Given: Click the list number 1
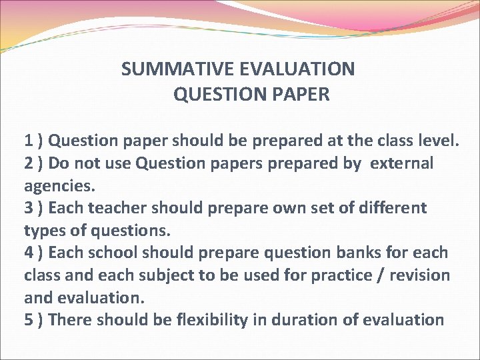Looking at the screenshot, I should click(29, 141).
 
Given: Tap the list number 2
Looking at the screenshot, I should click(29, 163).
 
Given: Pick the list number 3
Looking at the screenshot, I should click(29, 208).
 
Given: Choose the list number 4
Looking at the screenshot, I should click(29, 253).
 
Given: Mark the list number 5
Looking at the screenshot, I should click(29, 320).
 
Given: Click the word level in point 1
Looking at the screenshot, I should click(439, 141).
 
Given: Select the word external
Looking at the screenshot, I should click(402, 163).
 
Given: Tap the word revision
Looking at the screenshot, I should click(420, 275).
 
